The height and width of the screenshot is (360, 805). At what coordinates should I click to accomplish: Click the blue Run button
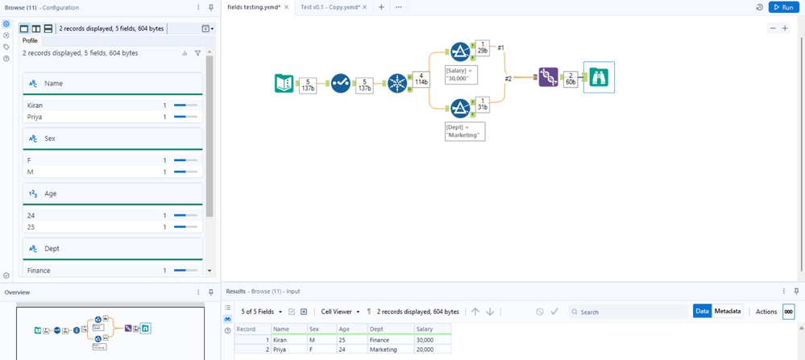(x=782, y=7)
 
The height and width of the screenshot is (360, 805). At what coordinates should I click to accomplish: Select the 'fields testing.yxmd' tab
(x=253, y=7)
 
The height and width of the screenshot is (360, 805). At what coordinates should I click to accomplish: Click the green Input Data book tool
(x=284, y=83)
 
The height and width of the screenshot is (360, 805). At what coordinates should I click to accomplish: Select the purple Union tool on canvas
(x=548, y=77)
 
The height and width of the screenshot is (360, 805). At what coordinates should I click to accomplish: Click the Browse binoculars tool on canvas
(x=599, y=77)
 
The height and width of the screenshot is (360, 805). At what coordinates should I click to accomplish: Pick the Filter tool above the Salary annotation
(x=460, y=52)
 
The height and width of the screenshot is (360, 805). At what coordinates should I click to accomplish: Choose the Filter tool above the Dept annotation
(x=460, y=108)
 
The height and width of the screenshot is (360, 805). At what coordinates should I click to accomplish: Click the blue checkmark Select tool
(x=340, y=83)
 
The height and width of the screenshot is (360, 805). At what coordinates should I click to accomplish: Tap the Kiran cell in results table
(x=281, y=340)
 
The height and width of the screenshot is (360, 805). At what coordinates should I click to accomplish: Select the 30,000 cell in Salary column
(x=425, y=340)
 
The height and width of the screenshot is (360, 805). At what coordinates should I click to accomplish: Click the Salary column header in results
(x=425, y=329)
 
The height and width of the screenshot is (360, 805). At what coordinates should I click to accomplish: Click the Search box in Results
(x=629, y=312)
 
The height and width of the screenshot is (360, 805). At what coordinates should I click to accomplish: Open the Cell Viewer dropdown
(x=340, y=312)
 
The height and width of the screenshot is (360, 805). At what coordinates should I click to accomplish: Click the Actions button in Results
(x=766, y=312)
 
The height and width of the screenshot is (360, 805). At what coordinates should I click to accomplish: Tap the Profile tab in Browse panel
(x=30, y=40)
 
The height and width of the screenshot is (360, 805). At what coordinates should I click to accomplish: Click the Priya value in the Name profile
(x=35, y=117)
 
